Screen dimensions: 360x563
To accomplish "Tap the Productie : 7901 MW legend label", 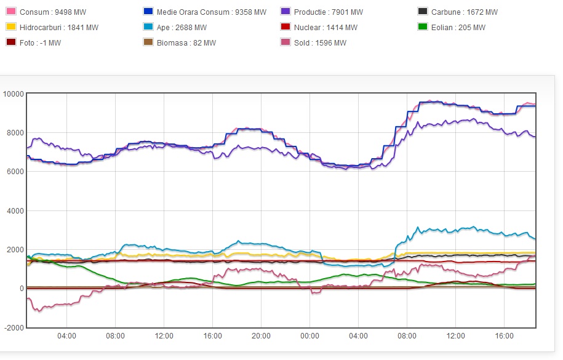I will (329, 12).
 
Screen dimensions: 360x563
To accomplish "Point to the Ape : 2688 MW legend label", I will (182, 28).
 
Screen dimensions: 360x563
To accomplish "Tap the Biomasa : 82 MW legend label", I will (185, 43).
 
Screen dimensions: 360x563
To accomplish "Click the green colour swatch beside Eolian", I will (422, 28).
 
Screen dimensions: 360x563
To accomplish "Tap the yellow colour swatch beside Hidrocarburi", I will (10, 28).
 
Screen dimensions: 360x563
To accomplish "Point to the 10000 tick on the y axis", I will (13, 94).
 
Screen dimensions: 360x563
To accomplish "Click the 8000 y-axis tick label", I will (15, 132).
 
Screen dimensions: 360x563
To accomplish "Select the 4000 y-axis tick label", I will (15, 210).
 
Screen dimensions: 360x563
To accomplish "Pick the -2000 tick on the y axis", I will (14, 327).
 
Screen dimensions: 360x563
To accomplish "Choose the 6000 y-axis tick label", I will (15, 172).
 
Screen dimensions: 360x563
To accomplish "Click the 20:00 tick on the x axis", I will (261, 336).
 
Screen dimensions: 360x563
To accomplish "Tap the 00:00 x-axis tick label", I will (309, 336).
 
